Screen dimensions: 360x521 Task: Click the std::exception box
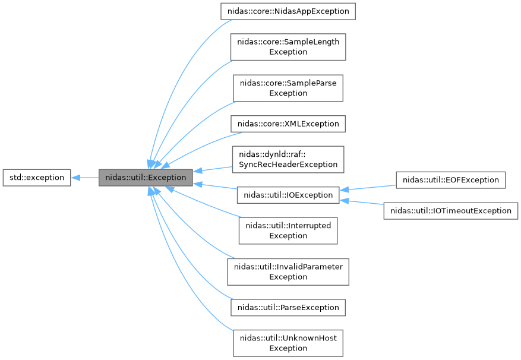pos(36,177)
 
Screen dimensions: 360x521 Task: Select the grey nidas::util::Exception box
pos(146,177)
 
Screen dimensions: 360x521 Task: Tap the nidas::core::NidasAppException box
pos(288,11)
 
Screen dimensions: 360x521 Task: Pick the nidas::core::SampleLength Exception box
pos(288,46)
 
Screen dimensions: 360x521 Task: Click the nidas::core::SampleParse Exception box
pos(288,88)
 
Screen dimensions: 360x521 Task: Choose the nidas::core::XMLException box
pos(288,124)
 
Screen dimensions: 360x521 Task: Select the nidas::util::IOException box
pos(288,194)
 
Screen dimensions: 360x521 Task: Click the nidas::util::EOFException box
pos(451,179)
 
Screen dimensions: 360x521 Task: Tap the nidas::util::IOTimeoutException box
pos(451,210)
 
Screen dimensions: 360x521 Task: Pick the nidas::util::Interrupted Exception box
pos(288,230)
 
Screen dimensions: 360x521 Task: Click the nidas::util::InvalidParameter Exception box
pos(288,271)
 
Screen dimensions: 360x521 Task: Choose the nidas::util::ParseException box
pos(288,307)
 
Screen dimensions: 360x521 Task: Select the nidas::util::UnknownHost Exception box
pos(288,343)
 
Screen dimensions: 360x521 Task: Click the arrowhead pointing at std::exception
pos(77,177)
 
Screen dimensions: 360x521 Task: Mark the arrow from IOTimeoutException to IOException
pos(362,203)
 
